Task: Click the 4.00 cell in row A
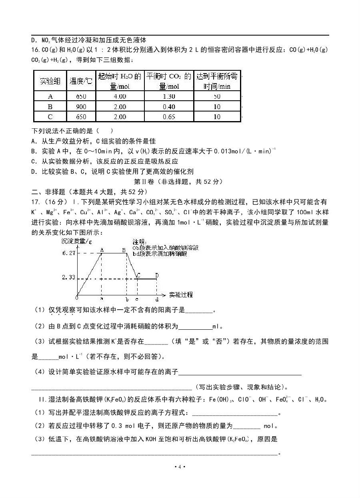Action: [x=120, y=97]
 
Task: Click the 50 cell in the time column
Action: [x=217, y=97]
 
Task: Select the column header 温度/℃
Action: [x=81, y=82]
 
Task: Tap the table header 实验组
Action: [x=50, y=82]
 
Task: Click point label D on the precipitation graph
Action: [x=157, y=275]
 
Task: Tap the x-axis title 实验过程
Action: [x=181, y=295]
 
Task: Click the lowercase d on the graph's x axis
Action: [x=156, y=299]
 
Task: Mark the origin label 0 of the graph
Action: [x=77, y=297]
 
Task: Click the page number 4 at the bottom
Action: [x=180, y=467]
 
